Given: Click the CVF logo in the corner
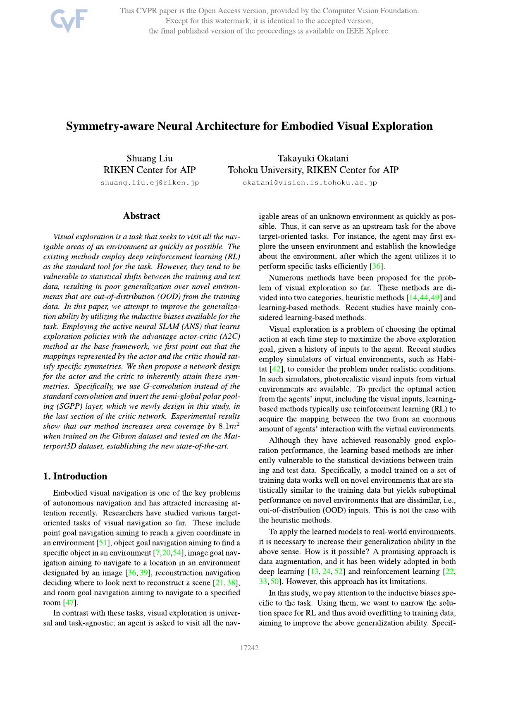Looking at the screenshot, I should click(x=69, y=21).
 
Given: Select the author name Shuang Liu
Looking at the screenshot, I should click(x=149, y=158).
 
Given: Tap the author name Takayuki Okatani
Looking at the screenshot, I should click(x=313, y=158).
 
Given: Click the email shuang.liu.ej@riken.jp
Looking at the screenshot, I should click(x=150, y=182).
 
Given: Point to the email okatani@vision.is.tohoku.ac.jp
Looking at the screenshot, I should click(x=310, y=182).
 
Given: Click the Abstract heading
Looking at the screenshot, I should click(x=141, y=216).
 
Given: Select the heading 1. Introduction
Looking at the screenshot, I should click(x=75, y=476).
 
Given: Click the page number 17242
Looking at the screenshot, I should click(x=249, y=648).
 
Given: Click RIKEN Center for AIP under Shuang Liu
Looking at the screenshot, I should click(x=149, y=170).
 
